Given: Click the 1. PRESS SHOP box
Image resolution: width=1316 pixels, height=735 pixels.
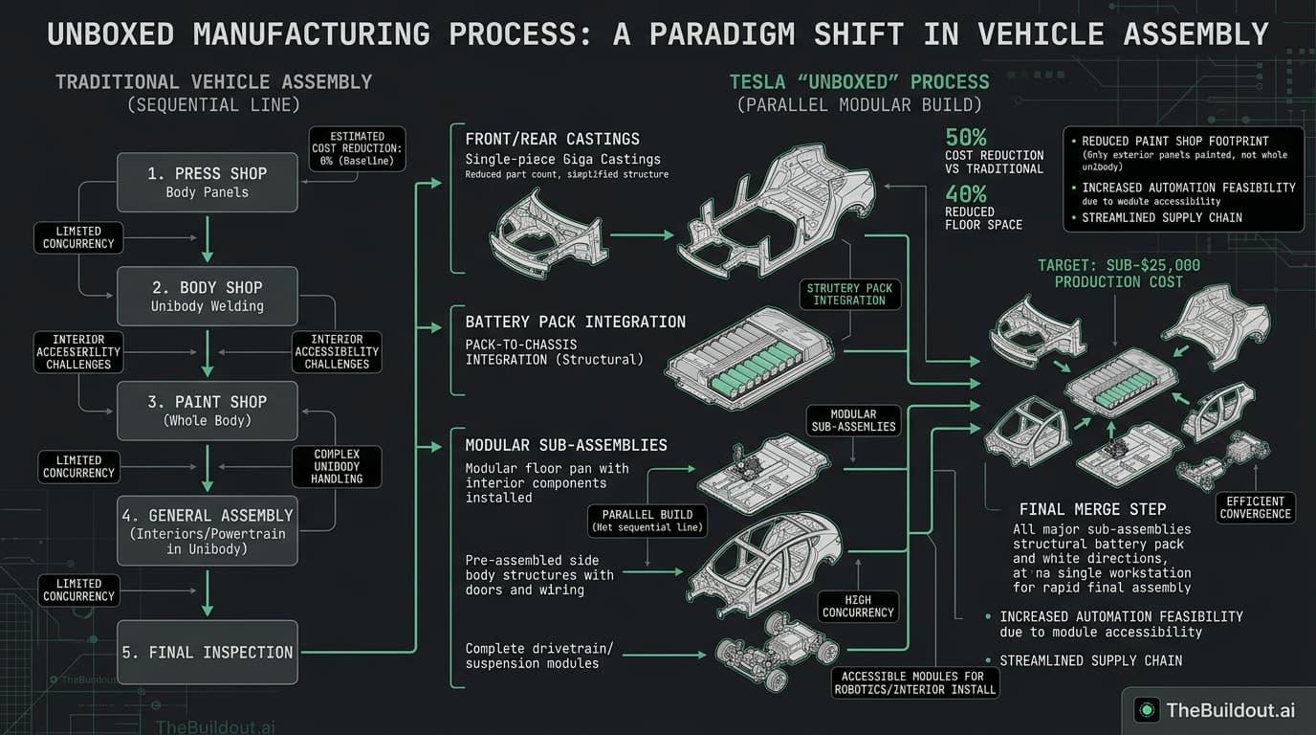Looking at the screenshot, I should point(207,182).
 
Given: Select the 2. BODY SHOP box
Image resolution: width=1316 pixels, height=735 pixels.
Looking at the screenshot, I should point(207,296).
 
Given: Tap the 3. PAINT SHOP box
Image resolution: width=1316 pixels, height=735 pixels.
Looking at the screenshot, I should point(207,411).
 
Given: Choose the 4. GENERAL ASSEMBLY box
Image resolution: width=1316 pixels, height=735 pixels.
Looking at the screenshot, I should point(207,529).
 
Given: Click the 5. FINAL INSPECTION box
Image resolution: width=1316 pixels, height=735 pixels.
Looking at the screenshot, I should point(207,652).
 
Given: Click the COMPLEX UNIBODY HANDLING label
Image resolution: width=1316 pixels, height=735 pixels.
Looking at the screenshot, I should point(337,465).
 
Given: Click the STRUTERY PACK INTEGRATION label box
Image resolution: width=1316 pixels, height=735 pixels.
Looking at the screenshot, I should point(849,294).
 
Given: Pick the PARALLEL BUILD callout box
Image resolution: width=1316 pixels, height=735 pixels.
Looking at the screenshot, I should point(648,520).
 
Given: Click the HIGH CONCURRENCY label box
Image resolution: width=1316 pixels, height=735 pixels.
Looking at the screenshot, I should point(858,605).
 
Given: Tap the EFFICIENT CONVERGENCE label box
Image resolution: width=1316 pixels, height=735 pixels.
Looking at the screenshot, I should point(1255,507).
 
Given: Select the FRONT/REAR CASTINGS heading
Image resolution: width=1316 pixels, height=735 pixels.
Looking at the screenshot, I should point(552,139).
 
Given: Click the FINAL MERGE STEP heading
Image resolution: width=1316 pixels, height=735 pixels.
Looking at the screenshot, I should point(1092,509).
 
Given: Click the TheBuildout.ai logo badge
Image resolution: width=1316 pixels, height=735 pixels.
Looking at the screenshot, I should point(1215,709).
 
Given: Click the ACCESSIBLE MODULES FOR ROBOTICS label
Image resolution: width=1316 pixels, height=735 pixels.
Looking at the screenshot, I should point(914,682).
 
